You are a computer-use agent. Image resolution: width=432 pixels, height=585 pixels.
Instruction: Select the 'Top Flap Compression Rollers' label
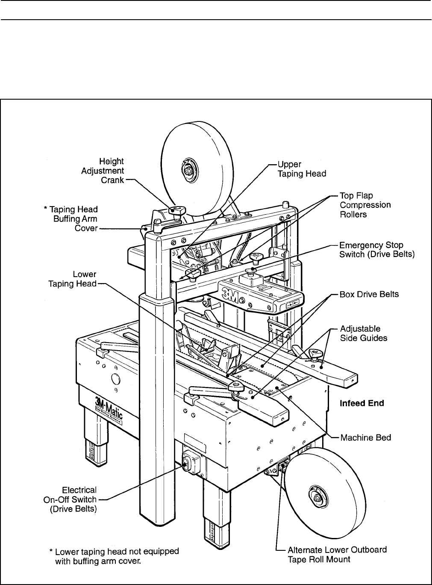point(365,205)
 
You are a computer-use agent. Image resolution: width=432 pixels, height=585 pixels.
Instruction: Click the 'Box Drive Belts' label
point(369,295)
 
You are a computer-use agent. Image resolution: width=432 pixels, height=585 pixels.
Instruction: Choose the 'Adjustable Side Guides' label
point(364,333)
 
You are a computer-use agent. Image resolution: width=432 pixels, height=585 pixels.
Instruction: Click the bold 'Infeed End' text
point(361,403)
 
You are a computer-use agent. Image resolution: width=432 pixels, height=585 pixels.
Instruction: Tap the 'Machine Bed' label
point(366,437)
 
